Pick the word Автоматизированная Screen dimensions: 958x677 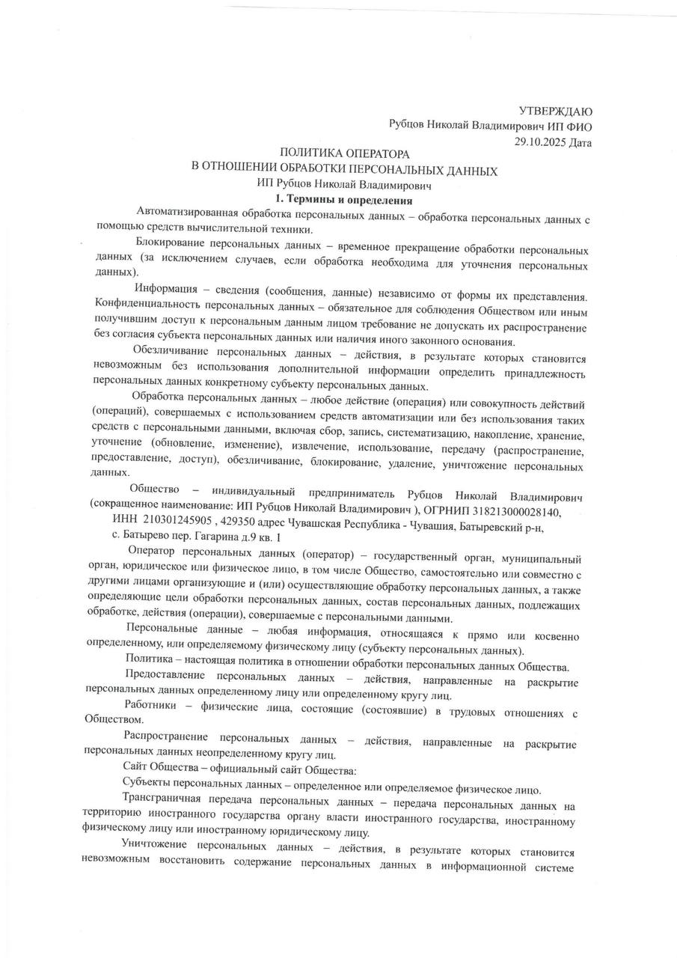coord(186,216)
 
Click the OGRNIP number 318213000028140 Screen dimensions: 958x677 coord(507,513)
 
